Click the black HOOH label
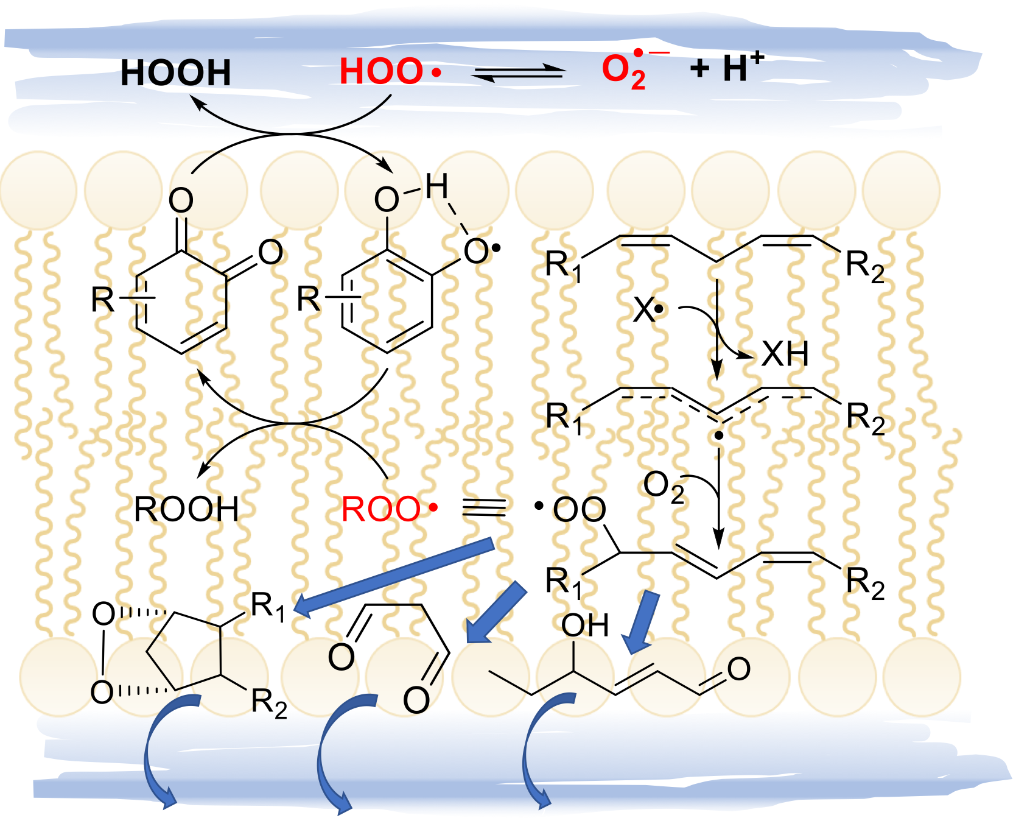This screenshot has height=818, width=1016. (x=175, y=73)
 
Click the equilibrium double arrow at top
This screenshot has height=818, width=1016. (x=519, y=73)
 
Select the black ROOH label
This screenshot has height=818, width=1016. (x=186, y=509)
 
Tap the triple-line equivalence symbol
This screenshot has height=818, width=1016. (x=483, y=507)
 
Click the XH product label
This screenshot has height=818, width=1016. (x=785, y=354)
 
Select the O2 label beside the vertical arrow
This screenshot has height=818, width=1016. (x=664, y=487)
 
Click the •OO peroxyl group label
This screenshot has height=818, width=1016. (x=572, y=509)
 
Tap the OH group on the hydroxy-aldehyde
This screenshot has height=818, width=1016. (x=584, y=625)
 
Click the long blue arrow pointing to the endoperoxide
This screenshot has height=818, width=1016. (x=396, y=576)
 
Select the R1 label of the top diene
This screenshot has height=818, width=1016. (x=563, y=266)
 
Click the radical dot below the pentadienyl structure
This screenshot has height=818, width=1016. (x=719, y=435)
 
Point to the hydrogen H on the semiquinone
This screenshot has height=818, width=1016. (x=436, y=186)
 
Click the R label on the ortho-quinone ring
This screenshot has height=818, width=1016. (x=103, y=300)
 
